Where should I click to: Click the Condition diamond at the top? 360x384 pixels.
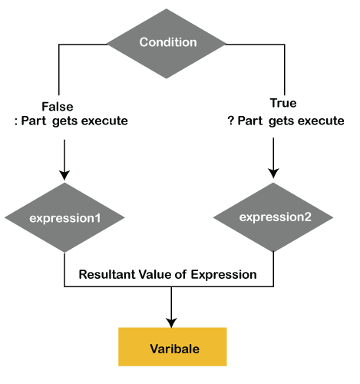click(x=167, y=44)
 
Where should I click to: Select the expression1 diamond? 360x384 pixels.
click(x=64, y=217)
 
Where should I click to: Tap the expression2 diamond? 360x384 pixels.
click(x=273, y=217)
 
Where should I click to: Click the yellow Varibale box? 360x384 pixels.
click(x=173, y=346)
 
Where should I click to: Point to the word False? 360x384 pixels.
click(x=58, y=107)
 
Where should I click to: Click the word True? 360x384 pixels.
click(x=283, y=103)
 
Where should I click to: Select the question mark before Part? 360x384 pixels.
click(x=231, y=121)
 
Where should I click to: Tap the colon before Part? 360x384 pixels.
click(x=16, y=121)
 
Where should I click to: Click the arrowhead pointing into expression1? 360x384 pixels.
click(x=64, y=175)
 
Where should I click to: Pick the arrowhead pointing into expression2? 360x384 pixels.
click(x=273, y=174)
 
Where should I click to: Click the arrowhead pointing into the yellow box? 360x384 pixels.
click(x=171, y=323)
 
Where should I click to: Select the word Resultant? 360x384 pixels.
click(x=107, y=274)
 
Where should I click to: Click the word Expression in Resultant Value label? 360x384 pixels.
click(x=223, y=275)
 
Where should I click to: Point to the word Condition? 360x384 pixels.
click(x=168, y=42)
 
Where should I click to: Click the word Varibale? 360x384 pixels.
click(x=175, y=349)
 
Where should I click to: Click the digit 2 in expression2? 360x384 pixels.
click(x=308, y=217)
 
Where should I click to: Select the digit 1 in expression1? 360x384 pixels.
click(x=97, y=218)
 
